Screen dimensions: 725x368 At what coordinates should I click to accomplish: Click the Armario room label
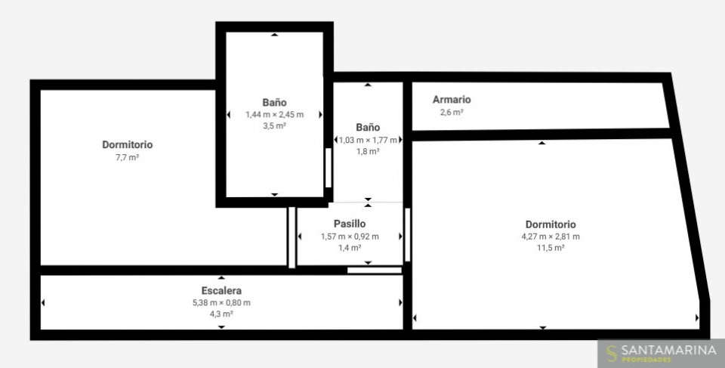coord(452,100)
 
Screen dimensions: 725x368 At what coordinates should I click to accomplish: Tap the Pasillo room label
coord(350,224)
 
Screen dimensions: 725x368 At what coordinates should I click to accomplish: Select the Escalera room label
coord(221,291)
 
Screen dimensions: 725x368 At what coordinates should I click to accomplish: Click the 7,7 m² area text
coord(127,157)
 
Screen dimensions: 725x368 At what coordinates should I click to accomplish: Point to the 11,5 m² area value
coord(551,248)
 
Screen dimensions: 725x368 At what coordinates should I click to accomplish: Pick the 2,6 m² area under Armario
coord(452,112)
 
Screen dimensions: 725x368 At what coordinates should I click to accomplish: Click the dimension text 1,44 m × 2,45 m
coord(275,114)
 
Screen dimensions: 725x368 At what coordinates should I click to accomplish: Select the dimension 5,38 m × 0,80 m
coord(221,303)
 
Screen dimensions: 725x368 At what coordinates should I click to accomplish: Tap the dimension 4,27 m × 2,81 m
coord(551,237)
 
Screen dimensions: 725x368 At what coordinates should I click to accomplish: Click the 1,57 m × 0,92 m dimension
coord(350,237)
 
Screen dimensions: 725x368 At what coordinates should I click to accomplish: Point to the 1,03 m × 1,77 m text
coord(368,140)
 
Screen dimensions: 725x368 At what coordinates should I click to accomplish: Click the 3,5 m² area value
coord(275,126)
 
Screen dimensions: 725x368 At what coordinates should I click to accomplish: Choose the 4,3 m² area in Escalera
coord(221,314)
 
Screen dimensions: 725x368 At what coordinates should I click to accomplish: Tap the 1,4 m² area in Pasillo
coord(350,248)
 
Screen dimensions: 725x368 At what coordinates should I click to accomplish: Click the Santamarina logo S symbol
coord(612,353)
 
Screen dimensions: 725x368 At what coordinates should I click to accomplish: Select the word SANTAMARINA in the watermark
coord(668,351)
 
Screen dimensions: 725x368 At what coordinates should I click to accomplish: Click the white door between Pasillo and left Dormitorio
coord(292,237)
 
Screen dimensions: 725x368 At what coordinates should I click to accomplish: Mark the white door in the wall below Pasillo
coord(375,271)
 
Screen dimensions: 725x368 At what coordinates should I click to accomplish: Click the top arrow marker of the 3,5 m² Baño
coord(275,35)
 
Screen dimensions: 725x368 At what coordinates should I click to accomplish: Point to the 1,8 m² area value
coord(368,151)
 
